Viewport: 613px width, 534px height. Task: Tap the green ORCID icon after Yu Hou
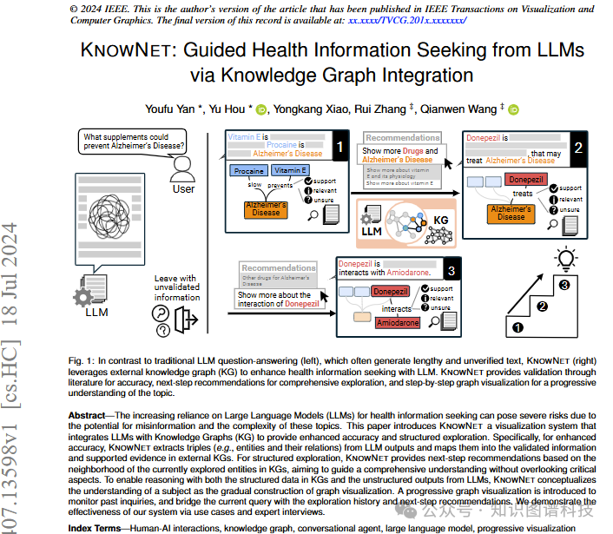[261, 109]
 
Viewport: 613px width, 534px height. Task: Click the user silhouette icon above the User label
[181, 163]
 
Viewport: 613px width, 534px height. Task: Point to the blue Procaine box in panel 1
[248, 171]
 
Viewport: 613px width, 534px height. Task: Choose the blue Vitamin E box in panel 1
[292, 171]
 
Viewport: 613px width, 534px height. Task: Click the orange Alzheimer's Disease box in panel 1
[266, 208]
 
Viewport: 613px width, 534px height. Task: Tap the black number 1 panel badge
[341, 148]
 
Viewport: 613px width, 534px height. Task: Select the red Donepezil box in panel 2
[524, 180]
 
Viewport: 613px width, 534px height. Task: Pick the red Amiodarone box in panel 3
[397, 322]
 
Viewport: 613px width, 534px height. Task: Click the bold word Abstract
[92, 416]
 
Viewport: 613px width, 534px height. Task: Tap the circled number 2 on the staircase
[543, 306]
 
